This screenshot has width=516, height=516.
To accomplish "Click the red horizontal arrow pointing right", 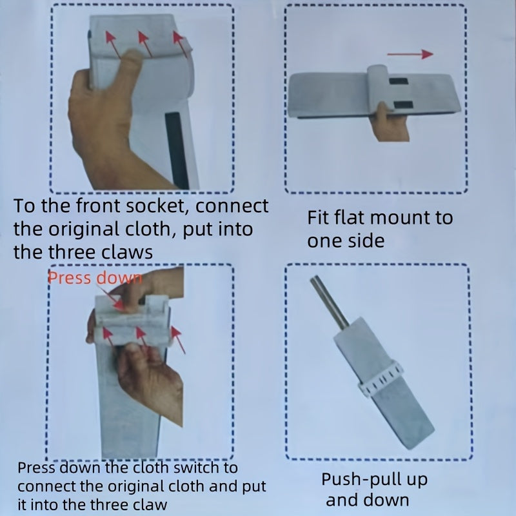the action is point(410,54).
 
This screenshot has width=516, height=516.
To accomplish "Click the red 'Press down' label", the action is point(95,278).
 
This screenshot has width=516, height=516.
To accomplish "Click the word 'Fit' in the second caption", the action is point(319,217).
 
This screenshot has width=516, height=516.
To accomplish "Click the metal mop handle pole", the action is point(330,301).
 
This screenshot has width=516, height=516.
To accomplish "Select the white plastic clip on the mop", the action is point(381,379).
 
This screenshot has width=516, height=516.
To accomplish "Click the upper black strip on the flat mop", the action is point(399,81).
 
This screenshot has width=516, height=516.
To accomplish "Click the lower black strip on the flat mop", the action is point(403,105).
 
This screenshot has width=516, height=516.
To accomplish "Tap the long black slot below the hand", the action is point(177,150).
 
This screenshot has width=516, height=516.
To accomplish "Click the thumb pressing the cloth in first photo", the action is point(130,66).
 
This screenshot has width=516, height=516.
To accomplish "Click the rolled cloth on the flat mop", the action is point(377,89).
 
